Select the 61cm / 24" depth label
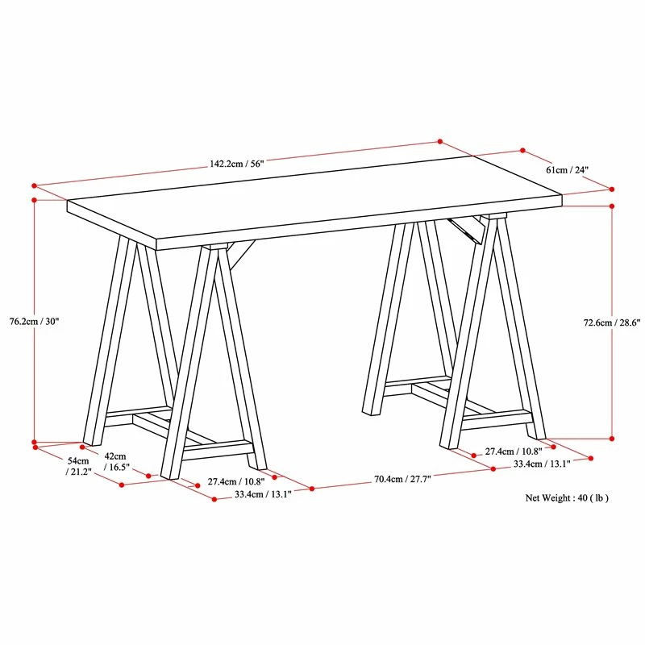coord(567,170)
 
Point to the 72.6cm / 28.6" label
coord(612,322)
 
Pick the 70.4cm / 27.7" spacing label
coord(402,478)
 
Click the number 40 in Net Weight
coord(582,498)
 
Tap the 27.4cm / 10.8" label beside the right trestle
coord(514,451)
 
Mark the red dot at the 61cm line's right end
coord(612,189)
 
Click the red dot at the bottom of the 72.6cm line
coord(612,439)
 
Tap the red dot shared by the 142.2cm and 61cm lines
coord(440,141)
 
